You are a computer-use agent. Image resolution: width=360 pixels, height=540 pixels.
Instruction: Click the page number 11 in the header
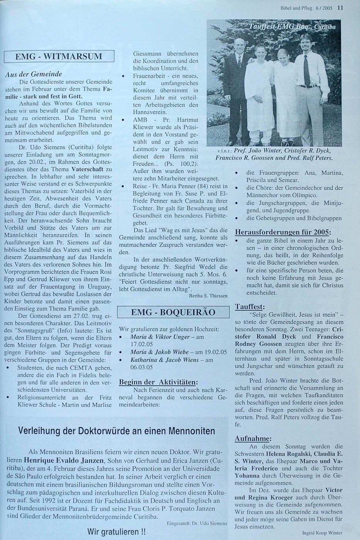coord(340,7)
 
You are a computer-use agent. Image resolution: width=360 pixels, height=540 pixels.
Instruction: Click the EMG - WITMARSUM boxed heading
coord(59,56)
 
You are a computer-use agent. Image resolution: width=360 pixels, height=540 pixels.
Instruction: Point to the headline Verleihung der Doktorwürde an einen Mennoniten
coord(117,431)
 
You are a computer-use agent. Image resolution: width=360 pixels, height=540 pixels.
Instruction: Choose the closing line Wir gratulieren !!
coord(116,532)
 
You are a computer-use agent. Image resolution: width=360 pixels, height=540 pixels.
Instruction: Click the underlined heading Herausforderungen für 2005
coord(282,232)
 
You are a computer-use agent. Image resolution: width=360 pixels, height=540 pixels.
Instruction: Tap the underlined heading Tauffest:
coord(249,307)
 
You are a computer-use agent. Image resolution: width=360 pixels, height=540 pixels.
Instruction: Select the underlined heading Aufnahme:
coord(253,439)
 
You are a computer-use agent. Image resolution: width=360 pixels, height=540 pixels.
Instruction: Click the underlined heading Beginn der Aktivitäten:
coord(158,382)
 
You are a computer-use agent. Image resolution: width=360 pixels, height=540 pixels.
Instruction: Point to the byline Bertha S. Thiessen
coord(208,295)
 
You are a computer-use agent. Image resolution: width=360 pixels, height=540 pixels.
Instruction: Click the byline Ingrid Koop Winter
coord(322,533)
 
